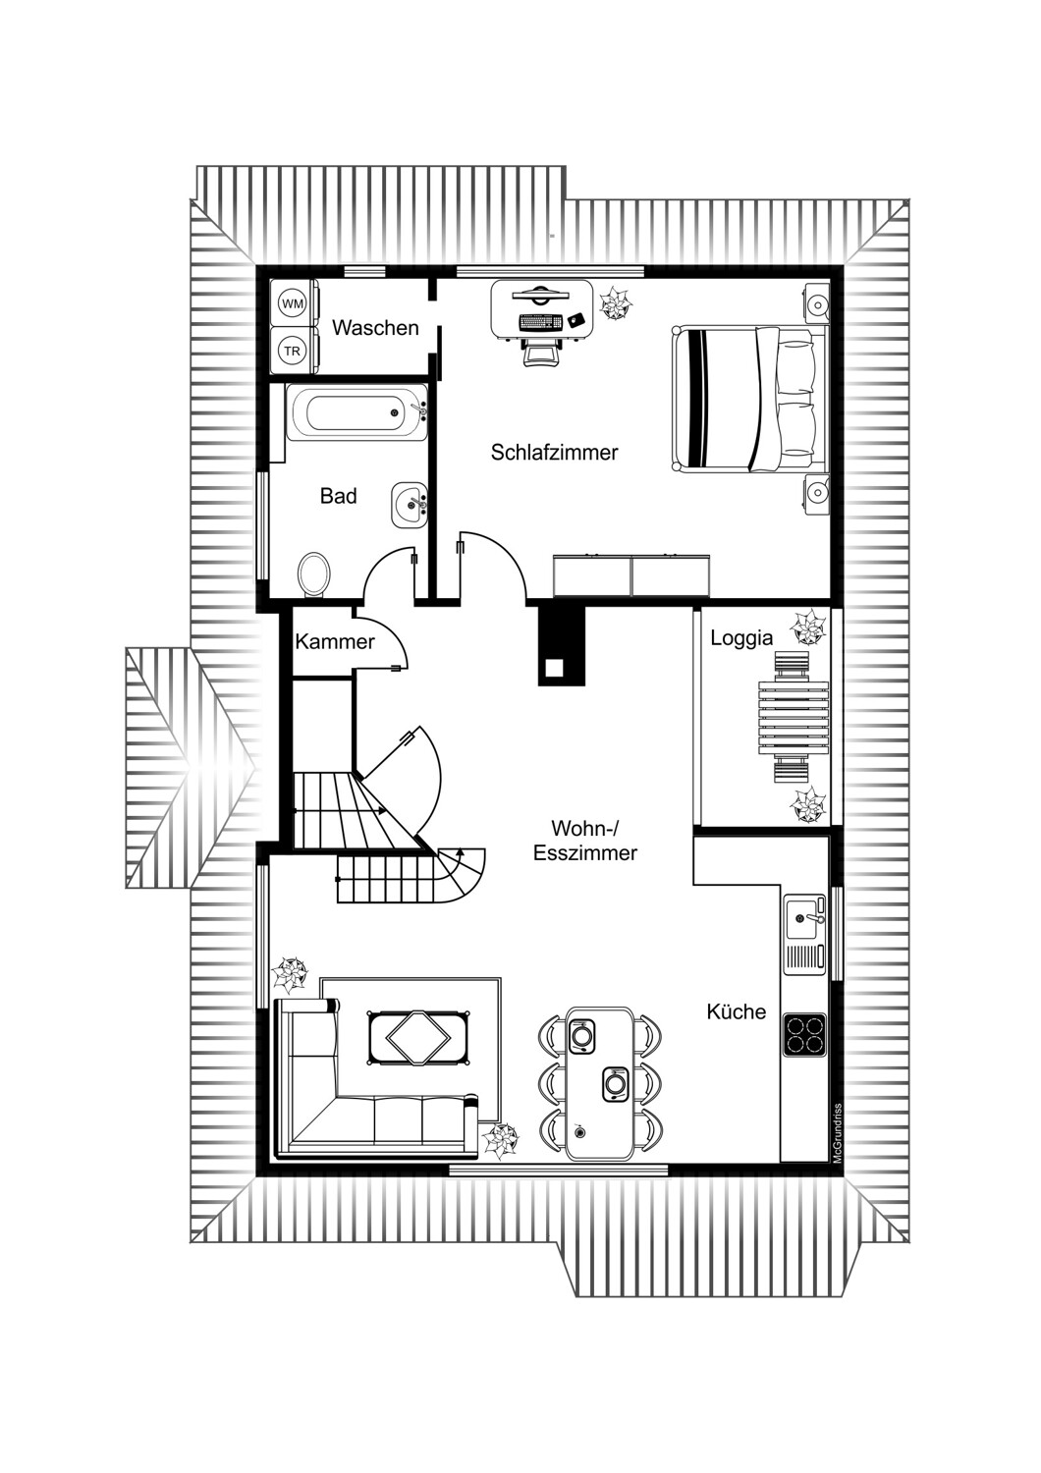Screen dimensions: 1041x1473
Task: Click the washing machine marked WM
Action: pos(294,303)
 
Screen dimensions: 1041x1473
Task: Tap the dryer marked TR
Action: pos(294,351)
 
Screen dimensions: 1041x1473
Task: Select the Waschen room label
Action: pos(375,327)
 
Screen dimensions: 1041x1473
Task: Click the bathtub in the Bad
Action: pos(356,413)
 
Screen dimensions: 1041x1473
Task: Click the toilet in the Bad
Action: pos(313,574)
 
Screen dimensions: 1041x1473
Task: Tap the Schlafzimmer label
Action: pos(554,453)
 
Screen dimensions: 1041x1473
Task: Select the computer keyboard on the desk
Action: pos(540,322)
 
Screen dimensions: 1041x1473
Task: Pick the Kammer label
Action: pos(335,642)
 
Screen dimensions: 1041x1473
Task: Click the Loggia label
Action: pos(741,638)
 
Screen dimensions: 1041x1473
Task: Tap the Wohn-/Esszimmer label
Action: pos(584,840)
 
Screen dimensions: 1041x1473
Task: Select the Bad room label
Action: pos(338,496)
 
